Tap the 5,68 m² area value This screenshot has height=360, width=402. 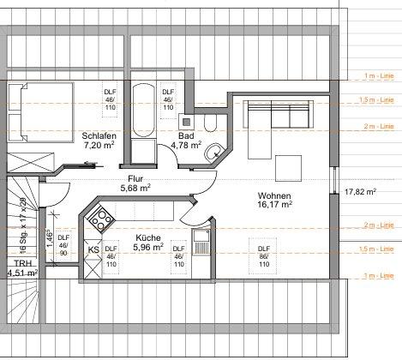click(x=135, y=188)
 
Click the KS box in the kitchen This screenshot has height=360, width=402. click(x=93, y=250)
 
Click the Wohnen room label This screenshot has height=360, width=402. click(x=274, y=195)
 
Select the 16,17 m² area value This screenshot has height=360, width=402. click(x=275, y=205)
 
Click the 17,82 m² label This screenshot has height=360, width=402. click(x=360, y=192)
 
